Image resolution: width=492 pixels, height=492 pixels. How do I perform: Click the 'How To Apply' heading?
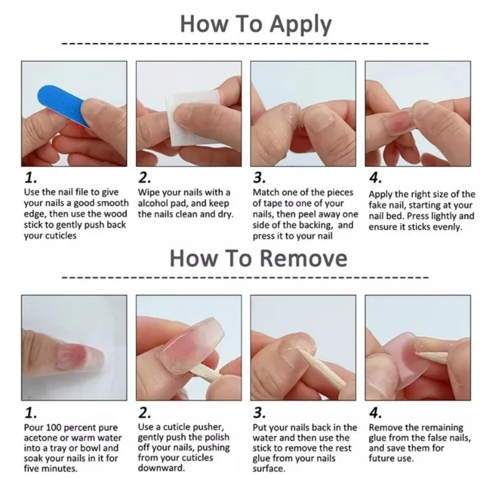(x=255, y=24)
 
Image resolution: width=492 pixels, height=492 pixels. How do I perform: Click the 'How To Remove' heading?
(x=258, y=258)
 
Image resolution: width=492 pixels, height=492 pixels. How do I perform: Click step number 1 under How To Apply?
(x=30, y=179)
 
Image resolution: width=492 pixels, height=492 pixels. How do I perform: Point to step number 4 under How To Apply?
(x=375, y=179)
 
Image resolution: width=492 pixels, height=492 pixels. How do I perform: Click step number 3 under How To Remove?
(x=260, y=412)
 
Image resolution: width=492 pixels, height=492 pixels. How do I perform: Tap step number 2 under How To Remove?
(x=145, y=412)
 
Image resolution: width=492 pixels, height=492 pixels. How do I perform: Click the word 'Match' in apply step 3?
(x=267, y=192)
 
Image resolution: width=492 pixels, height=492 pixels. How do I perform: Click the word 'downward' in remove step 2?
(x=161, y=468)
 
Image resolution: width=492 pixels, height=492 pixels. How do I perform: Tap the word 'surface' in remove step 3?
(x=269, y=469)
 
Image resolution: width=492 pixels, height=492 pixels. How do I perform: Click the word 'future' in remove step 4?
(x=385, y=448)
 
